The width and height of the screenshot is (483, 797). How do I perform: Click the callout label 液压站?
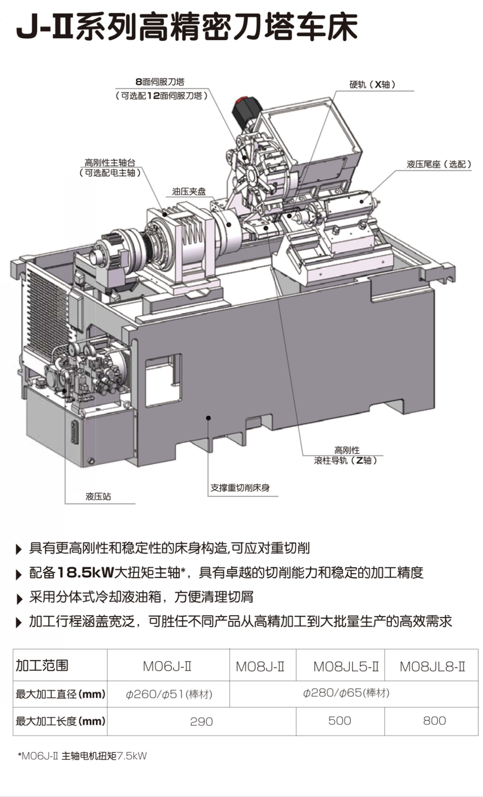tap(98, 496)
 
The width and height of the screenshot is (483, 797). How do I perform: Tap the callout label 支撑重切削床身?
tap(240, 488)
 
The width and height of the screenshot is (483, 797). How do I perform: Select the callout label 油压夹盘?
tap(189, 191)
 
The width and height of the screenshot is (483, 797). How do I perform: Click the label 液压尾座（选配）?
tap(439, 164)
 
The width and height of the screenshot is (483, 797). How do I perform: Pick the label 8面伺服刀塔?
tap(160, 82)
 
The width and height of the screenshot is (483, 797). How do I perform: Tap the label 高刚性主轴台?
tap(110, 163)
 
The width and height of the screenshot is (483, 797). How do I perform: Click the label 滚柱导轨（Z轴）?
tap(346, 460)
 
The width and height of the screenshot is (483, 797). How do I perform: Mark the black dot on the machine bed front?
tap(209, 418)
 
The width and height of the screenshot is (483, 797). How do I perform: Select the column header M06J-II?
tap(167, 666)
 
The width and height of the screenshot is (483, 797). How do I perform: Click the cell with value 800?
tap(434, 721)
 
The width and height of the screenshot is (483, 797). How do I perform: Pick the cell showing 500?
tap(339, 721)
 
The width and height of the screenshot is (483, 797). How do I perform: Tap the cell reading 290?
tap(202, 722)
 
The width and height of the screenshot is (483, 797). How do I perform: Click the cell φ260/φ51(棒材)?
tap(169, 694)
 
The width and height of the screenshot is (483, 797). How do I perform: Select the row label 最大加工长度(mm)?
tap(61, 721)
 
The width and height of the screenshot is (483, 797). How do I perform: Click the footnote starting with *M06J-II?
tap(82, 756)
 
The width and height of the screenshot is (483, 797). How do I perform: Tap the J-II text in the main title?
tap(44, 30)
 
